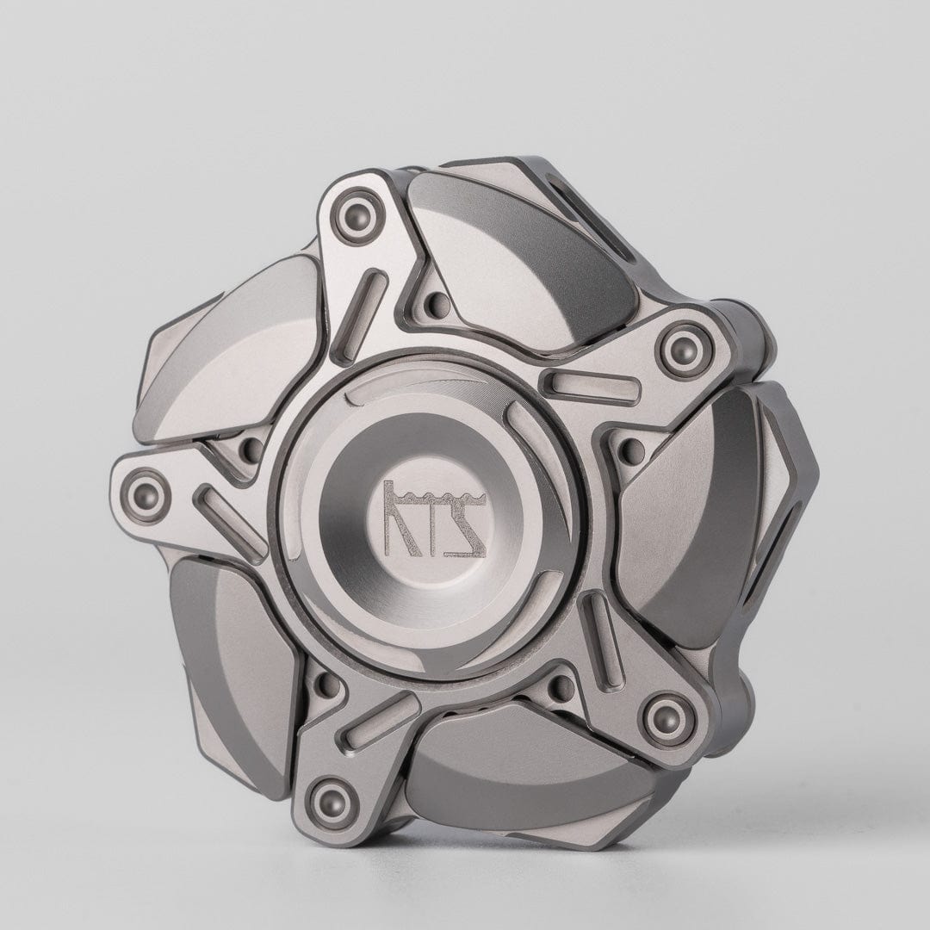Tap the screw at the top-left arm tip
click(354, 212)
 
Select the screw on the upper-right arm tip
click(681, 341)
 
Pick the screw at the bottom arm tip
click(330, 798)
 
